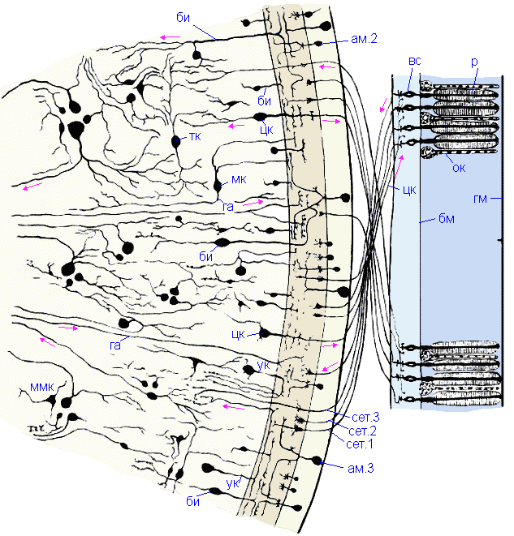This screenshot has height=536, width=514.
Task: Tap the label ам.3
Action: [x=358, y=466]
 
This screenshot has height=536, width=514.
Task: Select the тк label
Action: [x=196, y=137]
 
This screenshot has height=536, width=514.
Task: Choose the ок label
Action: [x=459, y=168]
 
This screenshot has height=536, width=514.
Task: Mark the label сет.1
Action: [x=358, y=444]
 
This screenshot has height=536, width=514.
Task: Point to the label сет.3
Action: [x=358, y=417]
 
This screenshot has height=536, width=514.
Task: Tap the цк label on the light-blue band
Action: [x=409, y=192]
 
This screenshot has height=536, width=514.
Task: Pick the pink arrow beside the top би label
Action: [x=170, y=36]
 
